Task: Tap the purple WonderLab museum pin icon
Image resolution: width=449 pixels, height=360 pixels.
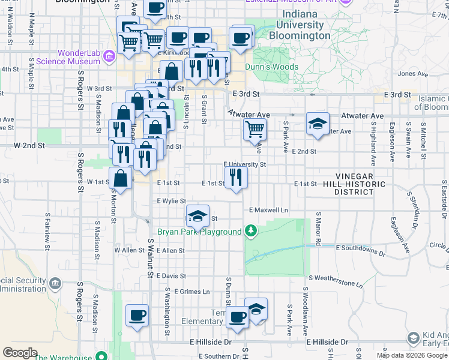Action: pos(109,58)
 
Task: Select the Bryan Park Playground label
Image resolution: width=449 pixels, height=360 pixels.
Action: pos(199,232)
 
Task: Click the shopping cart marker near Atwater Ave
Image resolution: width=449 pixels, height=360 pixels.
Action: pos(255,128)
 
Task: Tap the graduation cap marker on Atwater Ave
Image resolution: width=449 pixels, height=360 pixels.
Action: pos(318,124)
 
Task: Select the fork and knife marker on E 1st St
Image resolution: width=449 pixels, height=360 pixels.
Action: pos(235,177)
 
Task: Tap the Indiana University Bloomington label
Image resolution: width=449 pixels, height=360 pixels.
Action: pos(303,31)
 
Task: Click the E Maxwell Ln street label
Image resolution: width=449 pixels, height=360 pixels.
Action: pos(268,211)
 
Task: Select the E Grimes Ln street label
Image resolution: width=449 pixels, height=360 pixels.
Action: pos(191,292)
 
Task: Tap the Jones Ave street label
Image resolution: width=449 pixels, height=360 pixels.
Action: pos(412,74)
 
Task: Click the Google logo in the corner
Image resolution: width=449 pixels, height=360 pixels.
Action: pos(20,353)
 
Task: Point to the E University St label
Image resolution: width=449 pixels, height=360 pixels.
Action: pos(244,164)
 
